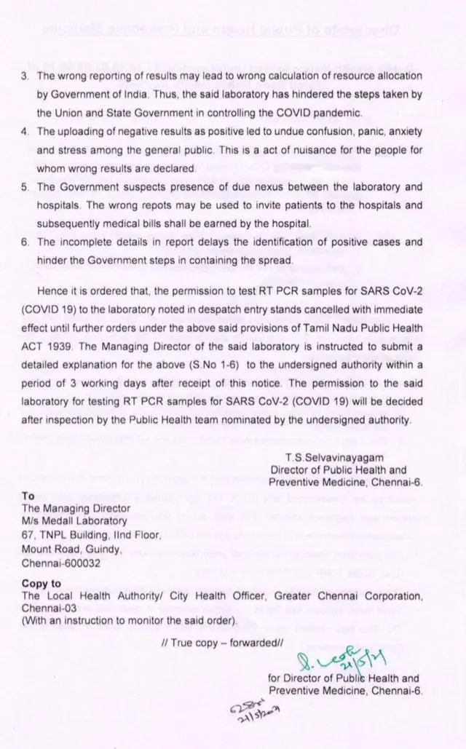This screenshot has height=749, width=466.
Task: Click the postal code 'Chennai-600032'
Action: [x=62, y=563]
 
